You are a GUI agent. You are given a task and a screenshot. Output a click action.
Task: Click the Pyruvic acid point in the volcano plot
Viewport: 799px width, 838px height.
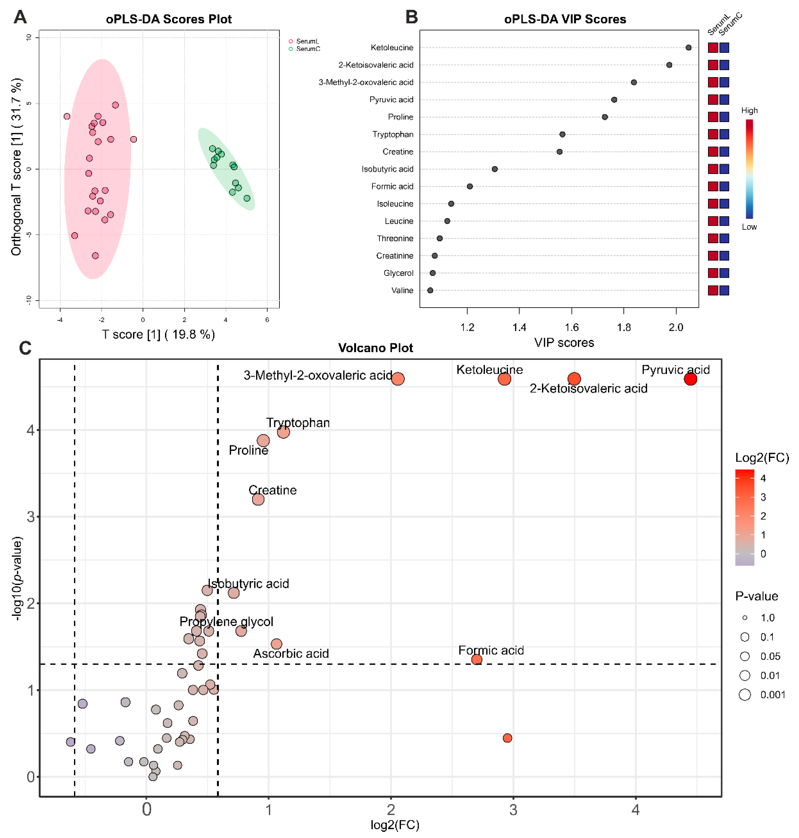click(x=690, y=379)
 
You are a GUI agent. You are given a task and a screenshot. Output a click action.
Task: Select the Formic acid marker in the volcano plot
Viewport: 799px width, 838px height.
click(x=477, y=659)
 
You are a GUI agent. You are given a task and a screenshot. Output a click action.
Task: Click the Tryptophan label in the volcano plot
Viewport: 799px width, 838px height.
click(x=298, y=423)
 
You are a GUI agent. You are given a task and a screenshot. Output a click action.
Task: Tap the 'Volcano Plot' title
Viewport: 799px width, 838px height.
click(x=375, y=348)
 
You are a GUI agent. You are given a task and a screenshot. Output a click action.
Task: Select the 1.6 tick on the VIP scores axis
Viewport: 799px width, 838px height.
click(x=572, y=328)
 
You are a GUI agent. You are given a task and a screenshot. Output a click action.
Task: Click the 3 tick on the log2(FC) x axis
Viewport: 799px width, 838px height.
click(x=513, y=809)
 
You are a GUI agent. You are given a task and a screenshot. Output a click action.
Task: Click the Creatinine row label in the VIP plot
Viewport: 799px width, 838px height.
click(x=394, y=256)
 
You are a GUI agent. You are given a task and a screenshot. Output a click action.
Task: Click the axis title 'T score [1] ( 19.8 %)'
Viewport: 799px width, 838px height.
click(x=158, y=334)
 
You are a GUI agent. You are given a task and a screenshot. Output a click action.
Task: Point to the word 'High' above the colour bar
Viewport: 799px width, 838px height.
click(x=749, y=111)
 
